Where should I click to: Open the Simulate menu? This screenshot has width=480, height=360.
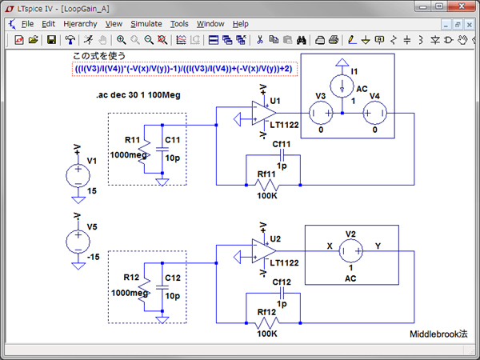coord(146,24)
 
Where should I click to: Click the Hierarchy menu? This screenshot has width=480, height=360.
coord(80,24)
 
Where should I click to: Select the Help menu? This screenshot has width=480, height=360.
coord(241,24)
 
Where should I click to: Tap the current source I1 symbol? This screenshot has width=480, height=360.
coord(342,85)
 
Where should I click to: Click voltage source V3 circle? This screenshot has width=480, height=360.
coord(320,113)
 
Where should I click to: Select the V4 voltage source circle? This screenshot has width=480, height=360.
coord(374,113)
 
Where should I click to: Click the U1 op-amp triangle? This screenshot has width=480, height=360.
coord(258,114)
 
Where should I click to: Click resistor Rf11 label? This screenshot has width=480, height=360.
coord(266,174)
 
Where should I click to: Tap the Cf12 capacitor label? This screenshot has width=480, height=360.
coord(282,282)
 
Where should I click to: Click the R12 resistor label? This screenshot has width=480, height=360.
coord(132,277)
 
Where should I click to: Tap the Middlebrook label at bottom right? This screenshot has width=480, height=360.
coord(438,334)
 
